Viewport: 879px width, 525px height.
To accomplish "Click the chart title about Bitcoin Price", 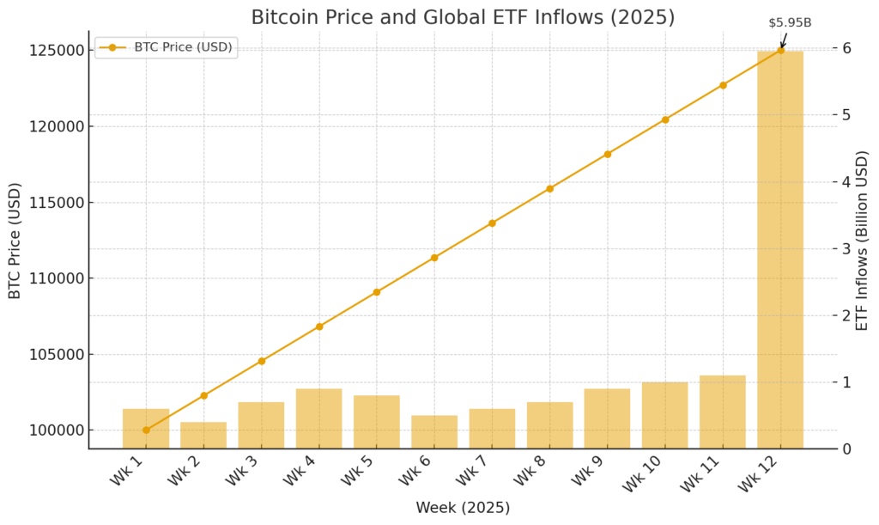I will (x=463, y=17).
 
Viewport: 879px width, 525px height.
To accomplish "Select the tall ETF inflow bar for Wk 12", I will (x=780, y=249).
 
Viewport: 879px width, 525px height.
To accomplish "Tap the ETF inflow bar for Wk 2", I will (x=203, y=435).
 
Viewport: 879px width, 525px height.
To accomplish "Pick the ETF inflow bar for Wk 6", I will (x=434, y=431).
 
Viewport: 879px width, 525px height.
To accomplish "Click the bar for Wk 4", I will (x=319, y=418).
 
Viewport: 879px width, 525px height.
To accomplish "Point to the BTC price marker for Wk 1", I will (x=146, y=430).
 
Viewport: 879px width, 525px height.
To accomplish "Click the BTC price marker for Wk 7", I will (x=492, y=223).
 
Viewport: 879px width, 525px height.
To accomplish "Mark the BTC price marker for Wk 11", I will (x=723, y=85).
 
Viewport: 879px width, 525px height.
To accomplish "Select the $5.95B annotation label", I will (x=790, y=23).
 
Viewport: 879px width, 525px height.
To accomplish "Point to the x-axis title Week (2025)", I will (x=463, y=508).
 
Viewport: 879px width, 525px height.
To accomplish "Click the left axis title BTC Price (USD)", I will (x=15, y=240).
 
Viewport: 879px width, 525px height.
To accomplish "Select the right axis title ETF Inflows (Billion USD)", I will (x=863, y=240).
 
